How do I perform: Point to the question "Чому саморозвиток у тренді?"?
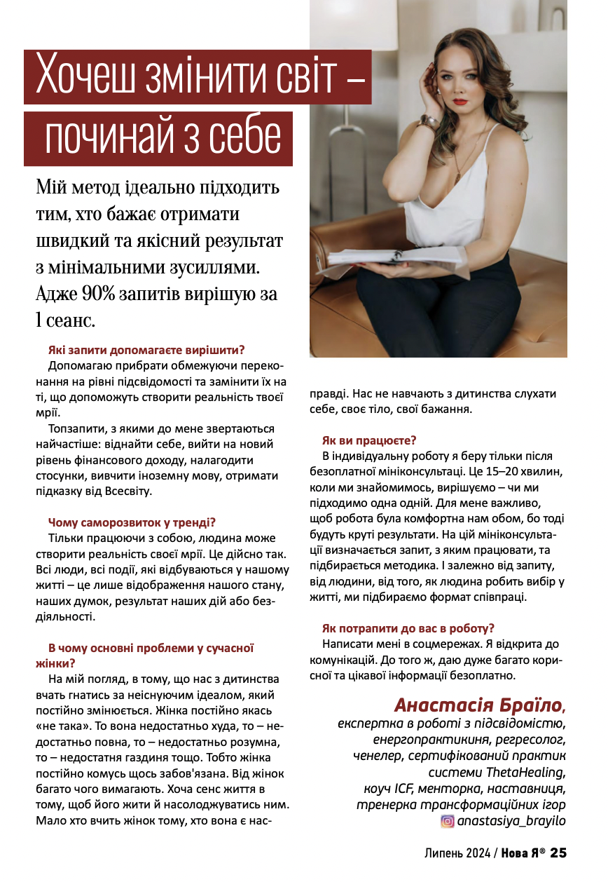[x=132, y=522]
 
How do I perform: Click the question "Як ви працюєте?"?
[x=369, y=440]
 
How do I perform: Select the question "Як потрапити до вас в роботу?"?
[x=408, y=628]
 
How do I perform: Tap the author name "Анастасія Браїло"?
[x=477, y=704]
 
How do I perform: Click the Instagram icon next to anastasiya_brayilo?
[x=447, y=820]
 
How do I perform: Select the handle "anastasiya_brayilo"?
[x=511, y=820]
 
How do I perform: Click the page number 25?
[x=558, y=853]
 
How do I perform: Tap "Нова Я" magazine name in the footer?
[x=524, y=853]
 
